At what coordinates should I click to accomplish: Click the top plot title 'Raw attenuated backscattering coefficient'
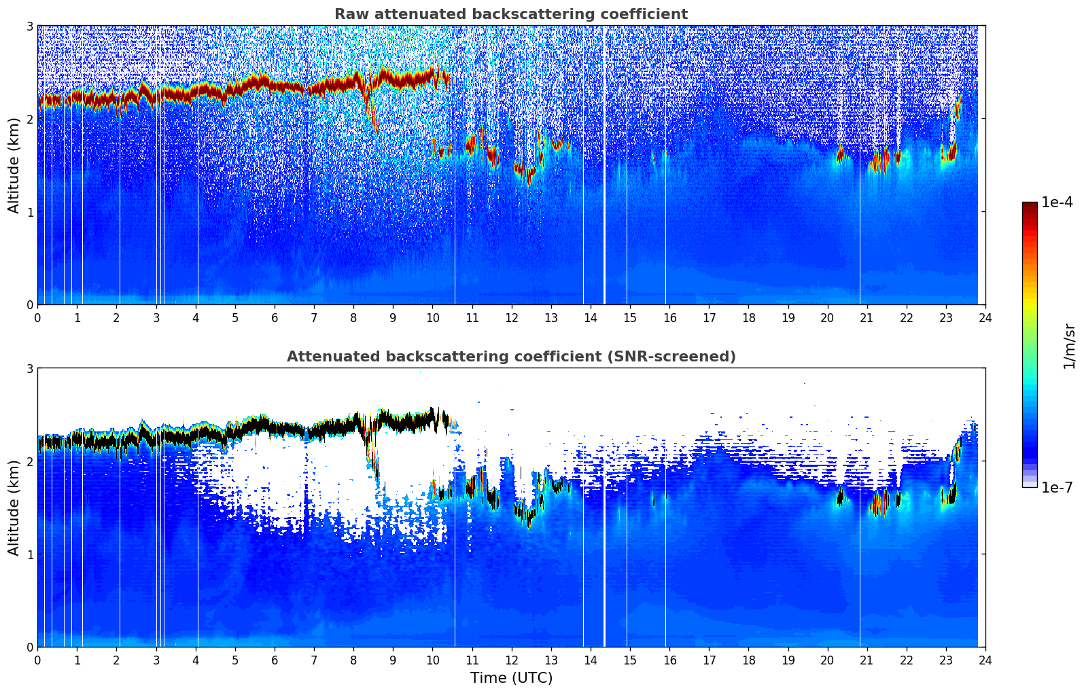click(x=510, y=14)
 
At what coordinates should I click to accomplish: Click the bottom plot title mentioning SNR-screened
click(x=510, y=357)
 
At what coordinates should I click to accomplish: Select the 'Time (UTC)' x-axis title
click(x=511, y=678)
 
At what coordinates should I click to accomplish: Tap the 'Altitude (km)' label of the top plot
click(x=14, y=165)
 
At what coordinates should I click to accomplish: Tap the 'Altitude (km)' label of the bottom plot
click(x=14, y=508)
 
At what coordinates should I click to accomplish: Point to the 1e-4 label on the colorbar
click(x=1057, y=202)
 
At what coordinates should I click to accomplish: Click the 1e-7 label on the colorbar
click(x=1057, y=487)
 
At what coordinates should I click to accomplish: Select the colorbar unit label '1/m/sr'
click(x=1069, y=346)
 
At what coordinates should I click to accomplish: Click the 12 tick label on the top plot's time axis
click(x=511, y=317)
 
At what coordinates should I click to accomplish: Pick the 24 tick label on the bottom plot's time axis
click(x=985, y=660)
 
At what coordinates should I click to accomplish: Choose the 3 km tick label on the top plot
click(x=29, y=26)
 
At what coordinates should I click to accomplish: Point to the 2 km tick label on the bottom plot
click(x=29, y=461)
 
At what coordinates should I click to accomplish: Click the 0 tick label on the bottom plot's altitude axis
click(x=29, y=647)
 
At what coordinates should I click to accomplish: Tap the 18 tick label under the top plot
click(x=748, y=317)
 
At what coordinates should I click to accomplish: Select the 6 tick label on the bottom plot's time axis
click(x=275, y=660)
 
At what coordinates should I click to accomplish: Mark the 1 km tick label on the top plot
click(x=29, y=212)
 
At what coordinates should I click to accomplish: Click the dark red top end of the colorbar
click(x=1029, y=206)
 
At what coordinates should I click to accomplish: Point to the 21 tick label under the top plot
click(x=867, y=317)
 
